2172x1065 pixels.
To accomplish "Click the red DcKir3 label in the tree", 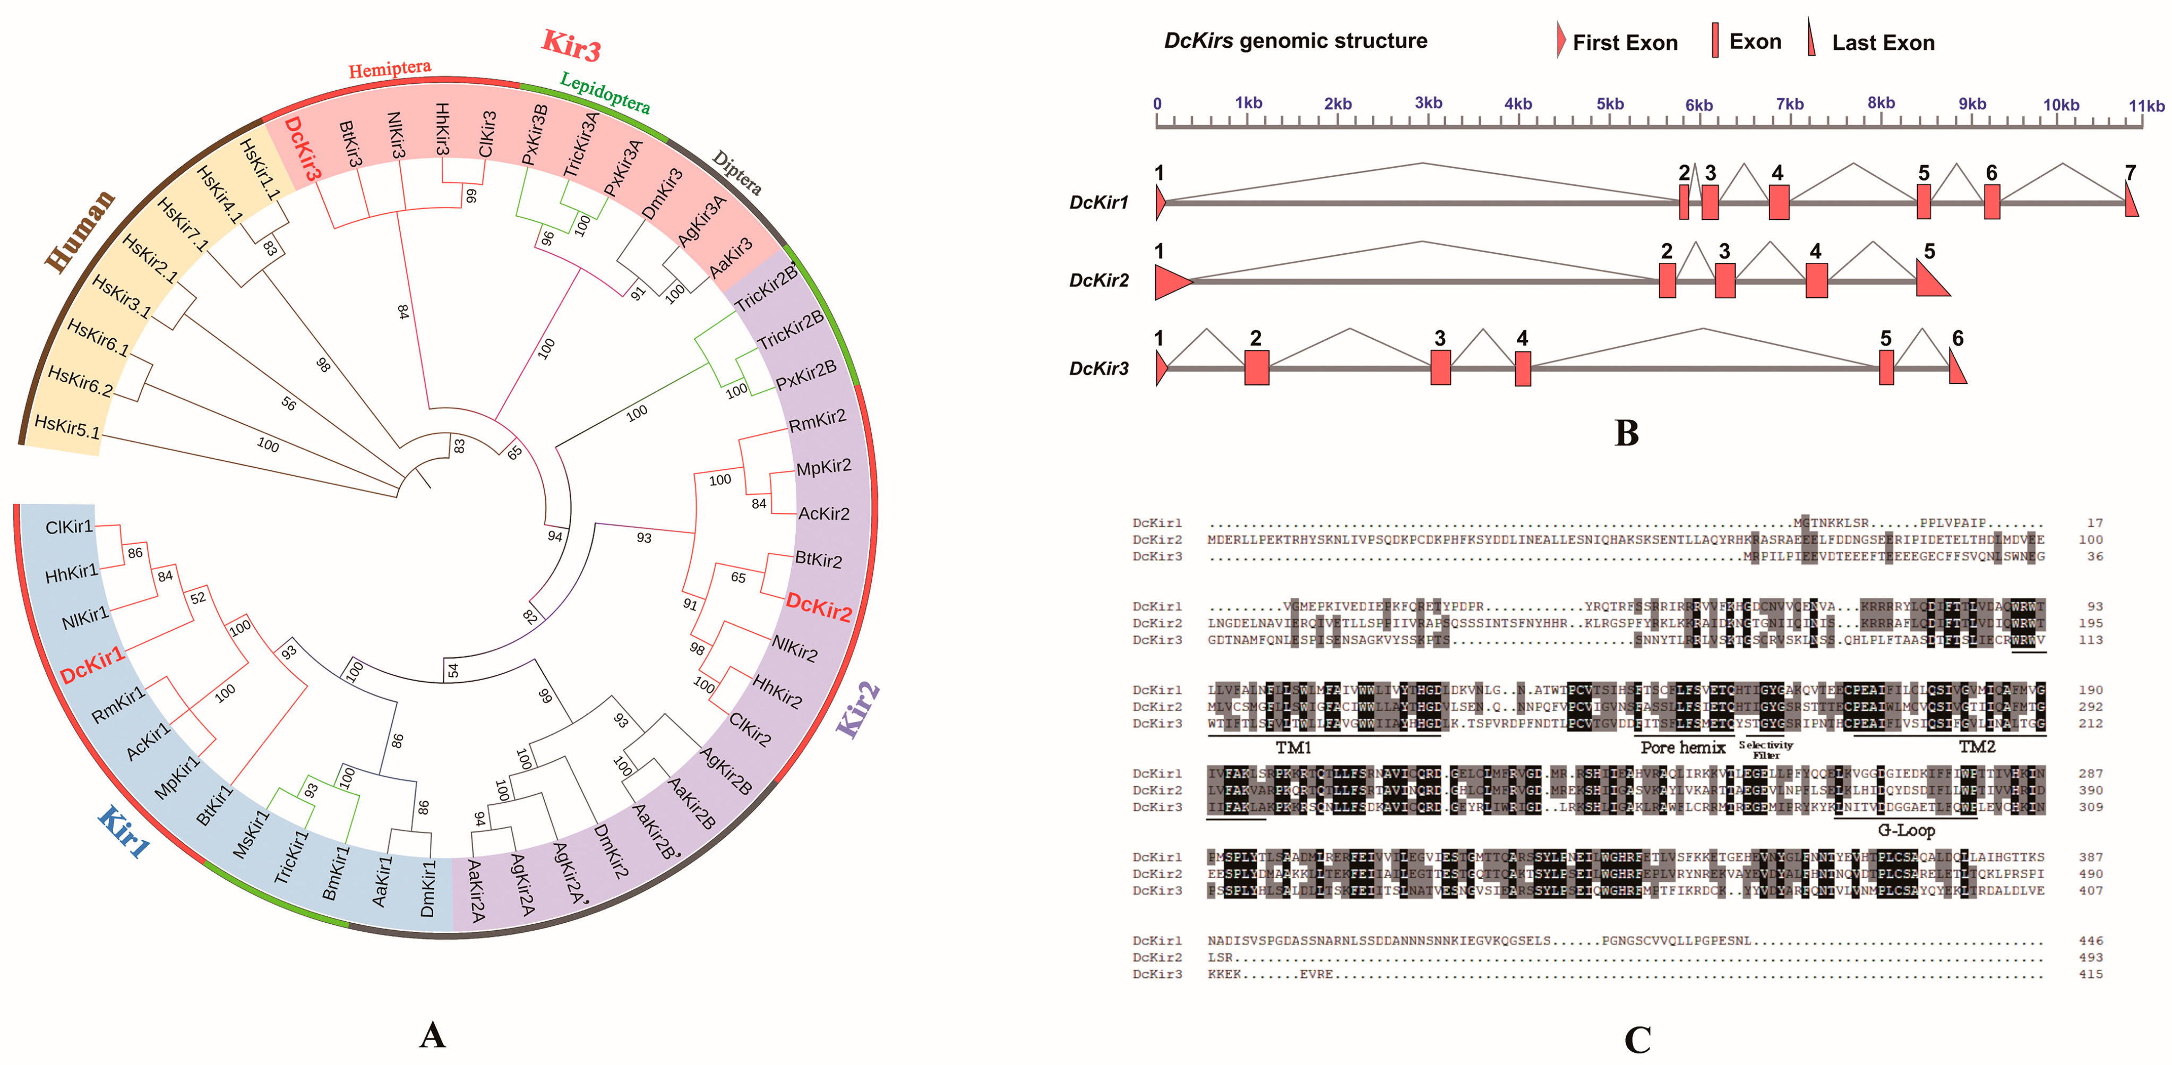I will (303, 149).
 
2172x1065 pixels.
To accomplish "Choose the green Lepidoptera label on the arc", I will (605, 93).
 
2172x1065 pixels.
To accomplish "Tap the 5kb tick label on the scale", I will (1610, 104).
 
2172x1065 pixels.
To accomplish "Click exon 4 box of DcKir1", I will (1778, 202).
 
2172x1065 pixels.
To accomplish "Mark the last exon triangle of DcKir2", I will (1931, 281).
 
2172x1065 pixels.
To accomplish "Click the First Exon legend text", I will (1625, 43).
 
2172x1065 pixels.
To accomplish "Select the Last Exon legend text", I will (1883, 43).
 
